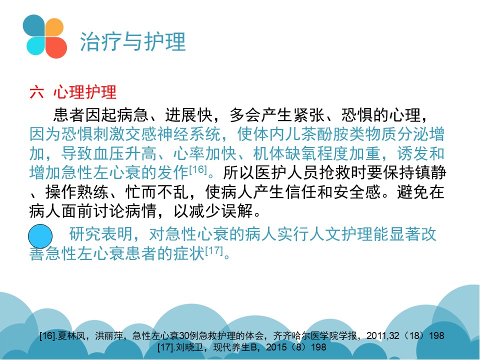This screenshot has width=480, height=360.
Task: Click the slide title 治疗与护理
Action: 132,41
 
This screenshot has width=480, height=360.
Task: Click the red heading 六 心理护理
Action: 73,92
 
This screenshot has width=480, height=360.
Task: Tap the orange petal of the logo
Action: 54,27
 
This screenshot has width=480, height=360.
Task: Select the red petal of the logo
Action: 56,47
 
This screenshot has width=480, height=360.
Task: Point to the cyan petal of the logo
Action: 36,46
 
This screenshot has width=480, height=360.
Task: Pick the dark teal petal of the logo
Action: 34,25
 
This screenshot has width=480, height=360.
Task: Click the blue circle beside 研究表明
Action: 40,236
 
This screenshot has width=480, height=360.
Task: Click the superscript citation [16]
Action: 198,169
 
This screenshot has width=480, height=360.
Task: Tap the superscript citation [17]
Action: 214,250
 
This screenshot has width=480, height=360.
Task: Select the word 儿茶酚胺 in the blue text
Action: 316,134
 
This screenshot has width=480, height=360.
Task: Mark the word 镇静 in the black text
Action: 430,172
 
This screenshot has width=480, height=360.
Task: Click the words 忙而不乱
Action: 157,192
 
